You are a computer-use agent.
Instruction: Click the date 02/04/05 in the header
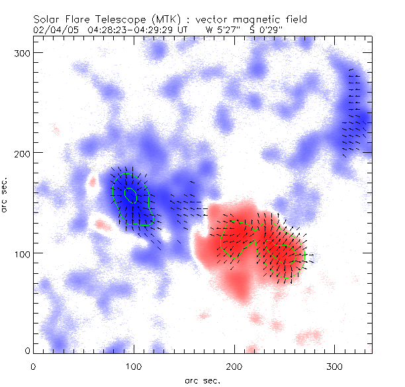tap(53, 30)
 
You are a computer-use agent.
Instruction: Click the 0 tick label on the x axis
tap(33, 365)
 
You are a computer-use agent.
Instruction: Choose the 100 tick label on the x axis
tap(134, 365)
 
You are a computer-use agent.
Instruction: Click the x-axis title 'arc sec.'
tap(202, 380)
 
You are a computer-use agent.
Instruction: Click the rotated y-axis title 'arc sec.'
tap(6, 195)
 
